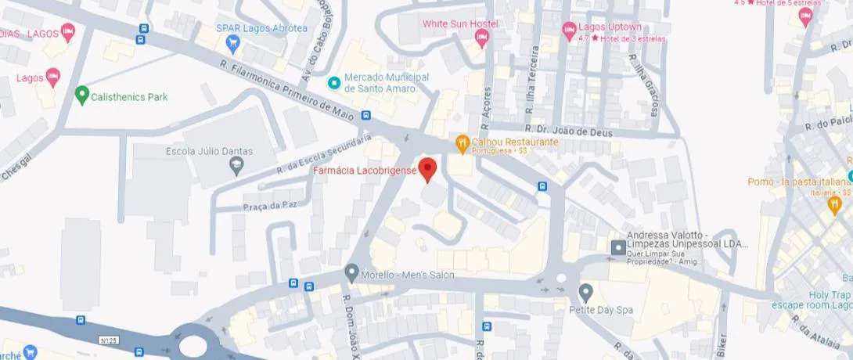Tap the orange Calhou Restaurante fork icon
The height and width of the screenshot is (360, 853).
click(x=462, y=142)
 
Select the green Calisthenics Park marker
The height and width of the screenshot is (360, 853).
click(x=81, y=96)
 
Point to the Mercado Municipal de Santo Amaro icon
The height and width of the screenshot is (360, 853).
click(x=334, y=82)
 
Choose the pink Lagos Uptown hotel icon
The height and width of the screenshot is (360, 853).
click(x=570, y=31)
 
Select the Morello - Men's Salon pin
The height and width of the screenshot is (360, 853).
click(x=351, y=274)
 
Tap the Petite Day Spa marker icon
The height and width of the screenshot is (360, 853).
click(x=585, y=293)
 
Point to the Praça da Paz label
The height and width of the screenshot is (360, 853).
click(x=251, y=206)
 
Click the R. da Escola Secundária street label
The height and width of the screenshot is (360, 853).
click(x=323, y=154)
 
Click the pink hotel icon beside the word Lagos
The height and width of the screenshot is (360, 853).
click(x=52, y=77)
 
